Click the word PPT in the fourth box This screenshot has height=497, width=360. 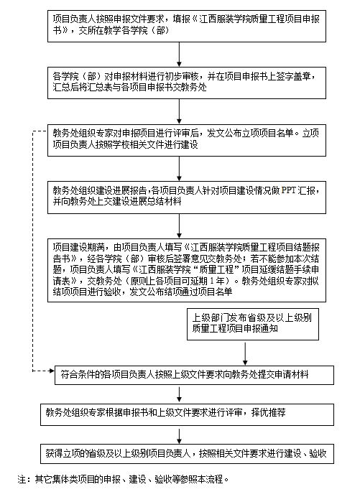(x=289, y=190)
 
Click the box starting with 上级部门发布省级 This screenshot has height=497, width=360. (x=253, y=324)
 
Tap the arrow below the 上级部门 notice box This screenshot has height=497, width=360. (x=245, y=353)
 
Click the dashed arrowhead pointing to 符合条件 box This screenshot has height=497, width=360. (x=51, y=371)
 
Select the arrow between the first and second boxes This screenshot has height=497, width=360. (x=179, y=54)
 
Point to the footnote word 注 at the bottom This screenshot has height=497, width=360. (x=22, y=479)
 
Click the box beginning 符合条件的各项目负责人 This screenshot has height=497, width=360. (x=194, y=376)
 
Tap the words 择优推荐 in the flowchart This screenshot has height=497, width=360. (x=268, y=412)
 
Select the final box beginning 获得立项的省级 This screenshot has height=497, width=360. (x=187, y=454)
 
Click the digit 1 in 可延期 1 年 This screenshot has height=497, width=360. (x=212, y=281)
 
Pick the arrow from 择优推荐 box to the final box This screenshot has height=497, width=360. (x=179, y=436)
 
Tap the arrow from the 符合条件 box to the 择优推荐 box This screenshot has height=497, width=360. (x=179, y=395)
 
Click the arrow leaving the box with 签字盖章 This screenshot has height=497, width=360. (x=179, y=111)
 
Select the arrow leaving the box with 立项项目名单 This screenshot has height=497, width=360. (x=179, y=169)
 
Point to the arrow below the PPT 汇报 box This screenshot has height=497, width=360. (x=179, y=226)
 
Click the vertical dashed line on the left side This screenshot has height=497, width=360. (x=32, y=251)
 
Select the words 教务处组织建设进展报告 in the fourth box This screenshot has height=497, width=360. (x=100, y=190)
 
